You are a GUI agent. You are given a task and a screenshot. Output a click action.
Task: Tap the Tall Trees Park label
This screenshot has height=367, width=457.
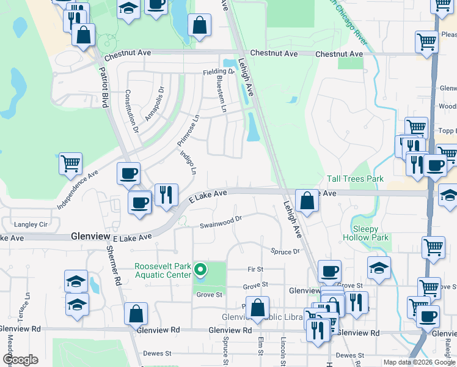click(355, 179)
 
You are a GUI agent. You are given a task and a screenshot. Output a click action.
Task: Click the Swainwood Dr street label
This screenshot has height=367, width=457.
click(221, 222)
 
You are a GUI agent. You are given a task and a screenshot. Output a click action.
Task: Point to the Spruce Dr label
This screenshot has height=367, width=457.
click(286, 251)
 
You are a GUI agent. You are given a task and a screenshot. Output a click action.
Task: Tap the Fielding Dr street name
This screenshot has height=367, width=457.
click(219, 72)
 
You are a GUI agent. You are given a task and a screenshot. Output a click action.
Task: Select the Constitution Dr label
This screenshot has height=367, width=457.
click(132, 111)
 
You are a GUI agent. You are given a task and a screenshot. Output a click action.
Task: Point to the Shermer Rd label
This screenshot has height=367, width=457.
click(114, 266)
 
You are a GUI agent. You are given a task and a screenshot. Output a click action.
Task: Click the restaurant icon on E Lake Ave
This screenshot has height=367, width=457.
click(166, 195)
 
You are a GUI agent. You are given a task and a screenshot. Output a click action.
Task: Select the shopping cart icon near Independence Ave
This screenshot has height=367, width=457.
click(71, 164)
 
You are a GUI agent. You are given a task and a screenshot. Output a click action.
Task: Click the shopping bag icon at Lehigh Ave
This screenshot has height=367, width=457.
click(306, 201)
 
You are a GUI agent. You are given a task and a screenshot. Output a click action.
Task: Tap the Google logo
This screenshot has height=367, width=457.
click(20, 360)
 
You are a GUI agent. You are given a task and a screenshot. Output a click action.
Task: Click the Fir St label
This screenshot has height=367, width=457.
click(255, 269)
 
